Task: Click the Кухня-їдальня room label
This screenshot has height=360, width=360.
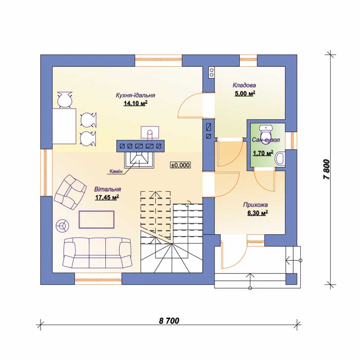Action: pyautogui.click(x=135, y=95)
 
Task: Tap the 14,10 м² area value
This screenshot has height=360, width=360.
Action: pyautogui.click(x=135, y=103)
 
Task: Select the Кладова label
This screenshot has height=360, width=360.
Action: pyautogui.click(x=244, y=85)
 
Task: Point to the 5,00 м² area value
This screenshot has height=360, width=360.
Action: pyautogui.click(x=245, y=94)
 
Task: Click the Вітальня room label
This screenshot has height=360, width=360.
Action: pyautogui.click(x=107, y=189)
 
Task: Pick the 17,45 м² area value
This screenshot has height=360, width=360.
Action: pyautogui.click(x=107, y=197)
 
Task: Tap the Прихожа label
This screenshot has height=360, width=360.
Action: pyautogui.click(x=255, y=205)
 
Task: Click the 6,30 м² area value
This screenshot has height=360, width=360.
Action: pyautogui.click(x=257, y=213)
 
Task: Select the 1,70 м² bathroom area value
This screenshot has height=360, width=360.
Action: pyautogui.click(x=263, y=153)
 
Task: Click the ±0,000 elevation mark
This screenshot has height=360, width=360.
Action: pyautogui.click(x=181, y=165)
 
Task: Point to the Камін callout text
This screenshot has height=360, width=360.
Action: pyautogui.click(x=116, y=171)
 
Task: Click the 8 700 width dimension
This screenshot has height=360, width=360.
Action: pyautogui.click(x=169, y=321)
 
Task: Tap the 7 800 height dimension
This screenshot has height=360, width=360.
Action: pyautogui.click(x=327, y=170)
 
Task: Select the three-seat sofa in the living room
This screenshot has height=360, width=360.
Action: pyautogui.click(x=97, y=253)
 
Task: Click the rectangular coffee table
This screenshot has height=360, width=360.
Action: pyautogui.click(x=97, y=220)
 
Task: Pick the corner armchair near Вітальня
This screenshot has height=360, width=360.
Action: pyautogui.click(x=70, y=192)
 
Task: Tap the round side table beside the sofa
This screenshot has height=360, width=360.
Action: pyautogui.click(x=62, y=225)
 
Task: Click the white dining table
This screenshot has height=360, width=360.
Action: pyautogui.click(x=64, y=126)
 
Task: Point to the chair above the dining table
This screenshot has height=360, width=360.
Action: pyautogui.click(x=65, y=100)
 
